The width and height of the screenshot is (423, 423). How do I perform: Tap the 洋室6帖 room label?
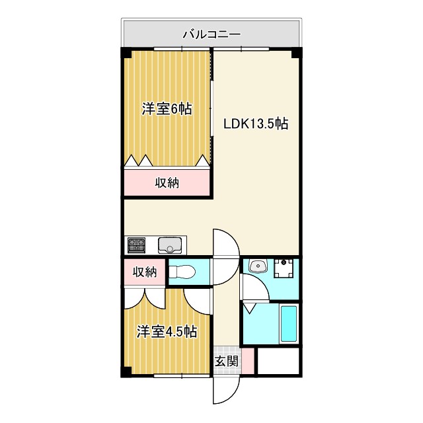coord(167,110)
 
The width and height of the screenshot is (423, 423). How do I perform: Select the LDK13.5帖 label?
coord(255,124)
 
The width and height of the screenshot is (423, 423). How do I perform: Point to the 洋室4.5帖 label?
coord(167,332)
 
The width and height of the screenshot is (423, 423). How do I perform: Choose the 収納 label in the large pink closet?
coord(167,183)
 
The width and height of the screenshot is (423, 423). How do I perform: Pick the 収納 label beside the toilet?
coord(144,272)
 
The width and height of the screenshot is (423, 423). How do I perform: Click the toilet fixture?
coord(184,272)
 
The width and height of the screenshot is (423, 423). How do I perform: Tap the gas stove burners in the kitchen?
coord(137,245)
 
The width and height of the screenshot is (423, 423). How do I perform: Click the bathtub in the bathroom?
coord(289,324)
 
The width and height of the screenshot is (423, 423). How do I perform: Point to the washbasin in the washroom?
coord(258,267)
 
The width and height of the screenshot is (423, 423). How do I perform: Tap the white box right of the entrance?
coord(278,361)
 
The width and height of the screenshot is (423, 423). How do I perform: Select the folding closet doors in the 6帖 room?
coord(167,161)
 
